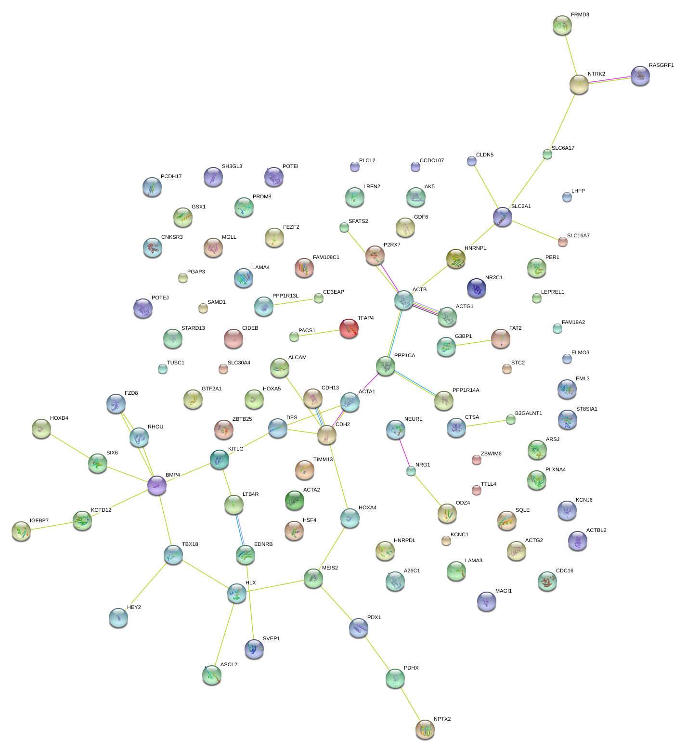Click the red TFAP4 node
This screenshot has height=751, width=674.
coord(349,328)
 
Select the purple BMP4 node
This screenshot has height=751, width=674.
coord(157,485)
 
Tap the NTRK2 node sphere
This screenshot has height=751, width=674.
coord(579,84)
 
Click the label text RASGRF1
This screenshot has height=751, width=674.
coord(661,65)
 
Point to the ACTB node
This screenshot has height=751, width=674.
coord(404,300)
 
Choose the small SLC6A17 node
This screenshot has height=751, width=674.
coord(547,154)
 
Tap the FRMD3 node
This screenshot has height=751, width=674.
coord(562,25)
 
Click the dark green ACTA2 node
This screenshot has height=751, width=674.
coord(295,500)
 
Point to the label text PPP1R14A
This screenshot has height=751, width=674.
coord(466,390)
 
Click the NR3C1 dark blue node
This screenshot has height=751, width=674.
coord(477,287)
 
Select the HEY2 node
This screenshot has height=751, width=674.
coord(118,617)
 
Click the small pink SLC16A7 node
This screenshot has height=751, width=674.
coord(563,241)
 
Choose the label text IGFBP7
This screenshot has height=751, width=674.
coord(39,521)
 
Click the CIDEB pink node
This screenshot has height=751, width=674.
coord(233,338)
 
